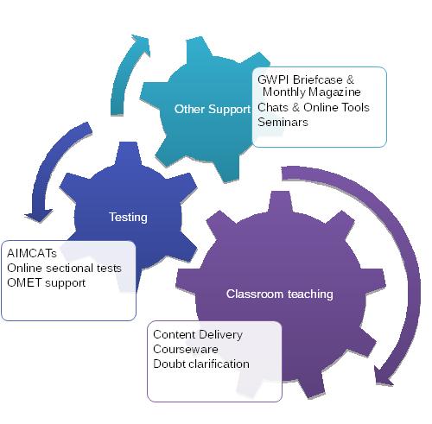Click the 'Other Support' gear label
click(213, 110)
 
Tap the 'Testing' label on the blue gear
click(128, 217)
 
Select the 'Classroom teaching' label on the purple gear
click(280, 294)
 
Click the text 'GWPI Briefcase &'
click(306, 79)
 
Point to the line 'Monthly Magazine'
click(312, 92)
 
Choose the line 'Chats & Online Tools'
click(314, 107)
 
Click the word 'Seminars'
click(283, 122)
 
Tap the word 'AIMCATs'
click(32, 253)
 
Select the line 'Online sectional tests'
click(64, 268)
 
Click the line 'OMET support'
click(47, 283)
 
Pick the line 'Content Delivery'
click(198, 335)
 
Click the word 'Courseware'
click(186, 350)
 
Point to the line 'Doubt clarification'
click(201, 364)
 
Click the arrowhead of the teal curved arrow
click(141, 44)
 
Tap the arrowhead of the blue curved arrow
click(39, 215)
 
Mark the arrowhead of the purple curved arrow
click(383, 375)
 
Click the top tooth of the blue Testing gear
click(128, 154)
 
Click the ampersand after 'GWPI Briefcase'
click(350, 79)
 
